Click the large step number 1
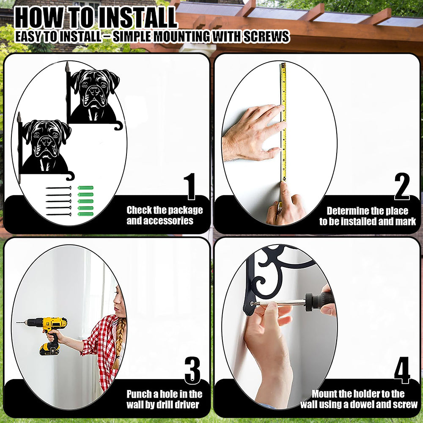(191, 187)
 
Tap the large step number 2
(402, 187)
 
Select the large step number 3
(192, 371)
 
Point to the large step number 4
(402, 371)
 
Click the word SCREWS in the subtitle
(266, 36)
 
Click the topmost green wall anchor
(85, 188)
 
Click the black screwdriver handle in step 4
(320, 301)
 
